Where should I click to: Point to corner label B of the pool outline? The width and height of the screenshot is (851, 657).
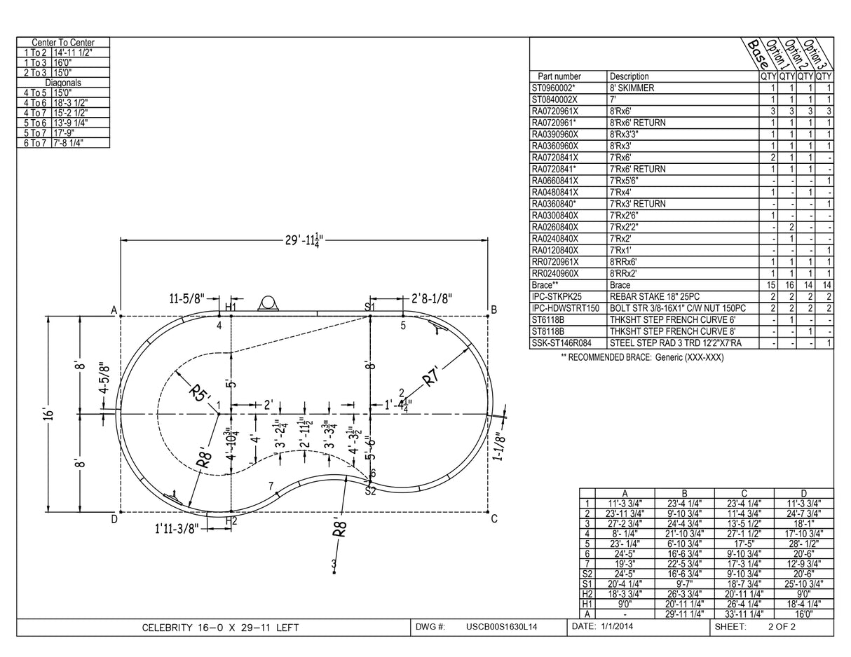[x=493, y=310]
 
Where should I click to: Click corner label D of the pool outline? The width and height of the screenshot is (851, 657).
[x=114, y=519]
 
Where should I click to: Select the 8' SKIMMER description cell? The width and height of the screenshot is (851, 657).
[x=632, y=88]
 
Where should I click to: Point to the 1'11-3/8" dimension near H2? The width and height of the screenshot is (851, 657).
[x=177, y=528]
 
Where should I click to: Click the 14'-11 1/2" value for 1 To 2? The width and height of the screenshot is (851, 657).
[x=72, y=53]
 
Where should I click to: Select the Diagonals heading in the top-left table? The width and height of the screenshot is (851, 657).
[x=63, y=82]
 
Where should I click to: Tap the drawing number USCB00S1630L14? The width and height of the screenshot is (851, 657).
[x=501, y=627]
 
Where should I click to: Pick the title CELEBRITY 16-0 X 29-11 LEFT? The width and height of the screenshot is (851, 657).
[x=220, y=628]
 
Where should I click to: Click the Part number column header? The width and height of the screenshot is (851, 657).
[x=559, y=76]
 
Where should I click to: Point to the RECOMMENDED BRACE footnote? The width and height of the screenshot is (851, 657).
[x=642, y=357]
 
